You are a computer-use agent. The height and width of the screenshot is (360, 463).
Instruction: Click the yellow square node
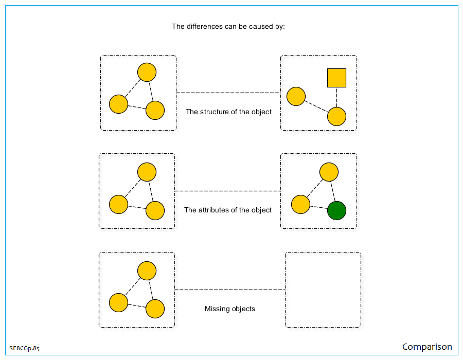tap(336, 78)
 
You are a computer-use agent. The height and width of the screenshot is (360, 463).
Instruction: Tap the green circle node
tap(336, 210)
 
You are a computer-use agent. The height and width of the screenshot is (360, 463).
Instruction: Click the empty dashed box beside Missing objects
tap(323, 290)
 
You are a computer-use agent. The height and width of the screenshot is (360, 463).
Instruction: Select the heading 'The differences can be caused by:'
tap(228, 26)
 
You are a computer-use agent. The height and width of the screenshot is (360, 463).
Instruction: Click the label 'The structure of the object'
tap(228, 112)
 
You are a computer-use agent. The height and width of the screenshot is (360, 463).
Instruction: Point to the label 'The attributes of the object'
tap(228, 210)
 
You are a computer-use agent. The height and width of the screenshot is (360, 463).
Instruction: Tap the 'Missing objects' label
tap(230, 309)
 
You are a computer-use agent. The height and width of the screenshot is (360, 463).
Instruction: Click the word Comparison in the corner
tap(427, 347)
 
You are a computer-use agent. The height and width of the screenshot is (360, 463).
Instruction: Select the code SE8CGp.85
tap(24, 348)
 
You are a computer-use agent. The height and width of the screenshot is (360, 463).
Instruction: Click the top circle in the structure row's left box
tap(147, 72)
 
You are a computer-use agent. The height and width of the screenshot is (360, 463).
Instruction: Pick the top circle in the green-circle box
tap(329, 172)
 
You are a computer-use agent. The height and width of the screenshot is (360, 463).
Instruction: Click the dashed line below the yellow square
tap(336, 98)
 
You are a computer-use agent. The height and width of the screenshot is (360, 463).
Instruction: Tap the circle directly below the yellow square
tap(336, 117)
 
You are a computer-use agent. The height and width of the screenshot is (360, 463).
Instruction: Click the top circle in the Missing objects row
tap(147, 271)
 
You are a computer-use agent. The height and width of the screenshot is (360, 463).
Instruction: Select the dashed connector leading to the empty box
tap(230, 290)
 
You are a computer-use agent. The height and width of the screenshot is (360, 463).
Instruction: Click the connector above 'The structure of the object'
tap(228, 93)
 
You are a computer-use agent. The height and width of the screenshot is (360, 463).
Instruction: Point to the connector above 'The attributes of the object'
tap(228, 191)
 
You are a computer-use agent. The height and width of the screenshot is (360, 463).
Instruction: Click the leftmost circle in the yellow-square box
tap(296, 97)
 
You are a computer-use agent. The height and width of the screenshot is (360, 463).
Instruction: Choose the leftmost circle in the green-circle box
tap(300, 204)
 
